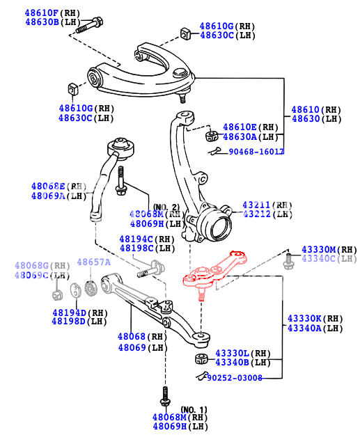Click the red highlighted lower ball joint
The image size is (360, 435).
[212, 272]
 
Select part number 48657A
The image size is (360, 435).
[93, 262]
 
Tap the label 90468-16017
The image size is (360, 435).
[256, 151]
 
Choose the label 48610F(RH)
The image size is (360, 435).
[53, 13]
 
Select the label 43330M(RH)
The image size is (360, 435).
[328, 249]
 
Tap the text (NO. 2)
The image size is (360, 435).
[166, 207]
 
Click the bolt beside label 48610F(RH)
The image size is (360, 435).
[87, 26]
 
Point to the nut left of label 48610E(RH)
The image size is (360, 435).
[211, 133]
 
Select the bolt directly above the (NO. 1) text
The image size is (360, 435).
[165, 398]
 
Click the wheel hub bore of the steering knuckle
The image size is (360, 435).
[217, 226]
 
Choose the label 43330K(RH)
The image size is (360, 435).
[315, 318]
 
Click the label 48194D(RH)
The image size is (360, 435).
[79, 313]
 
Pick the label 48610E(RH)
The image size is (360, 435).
[251, 127]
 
